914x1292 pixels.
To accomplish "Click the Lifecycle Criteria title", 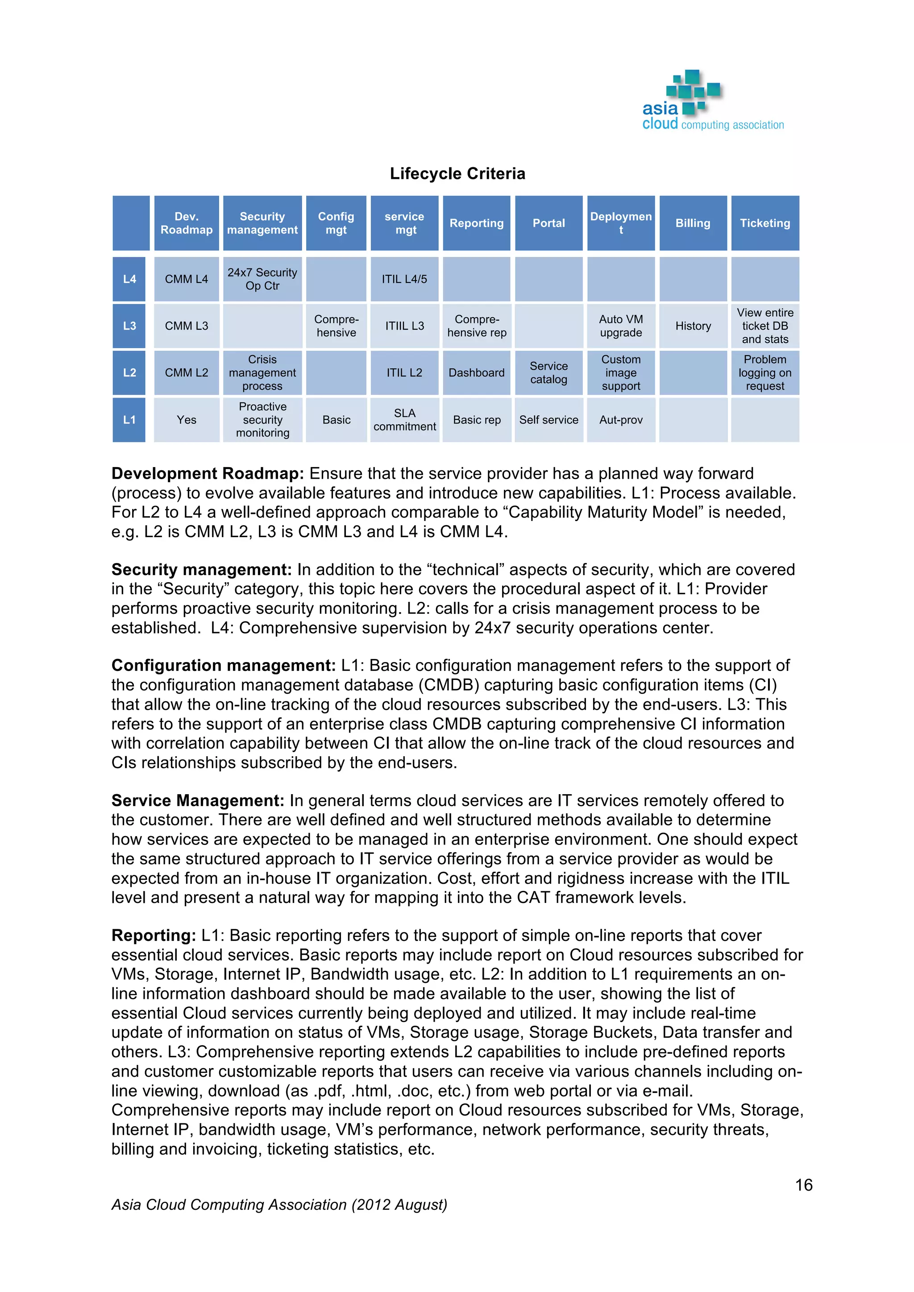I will pyautogui.click(x=457, y=173).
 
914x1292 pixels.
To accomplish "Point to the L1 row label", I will pyautogui.click(x=129, y=420).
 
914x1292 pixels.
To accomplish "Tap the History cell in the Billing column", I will pyautogui.click(x=693, y=326).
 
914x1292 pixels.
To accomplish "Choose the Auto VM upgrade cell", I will pyautogui.click(x=620, y=326).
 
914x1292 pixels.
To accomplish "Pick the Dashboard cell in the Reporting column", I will pyautogui.click(x=476, y=373).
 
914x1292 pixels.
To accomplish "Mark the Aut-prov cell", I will pyautogui.click(x=620, y=420).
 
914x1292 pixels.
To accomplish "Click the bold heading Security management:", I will pyautogui.click(x=201, y=569).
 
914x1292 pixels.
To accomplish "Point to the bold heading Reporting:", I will pyautogui.click(x=153, y=935).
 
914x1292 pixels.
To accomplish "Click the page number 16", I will pyautogui.click(x=803, y=1185).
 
